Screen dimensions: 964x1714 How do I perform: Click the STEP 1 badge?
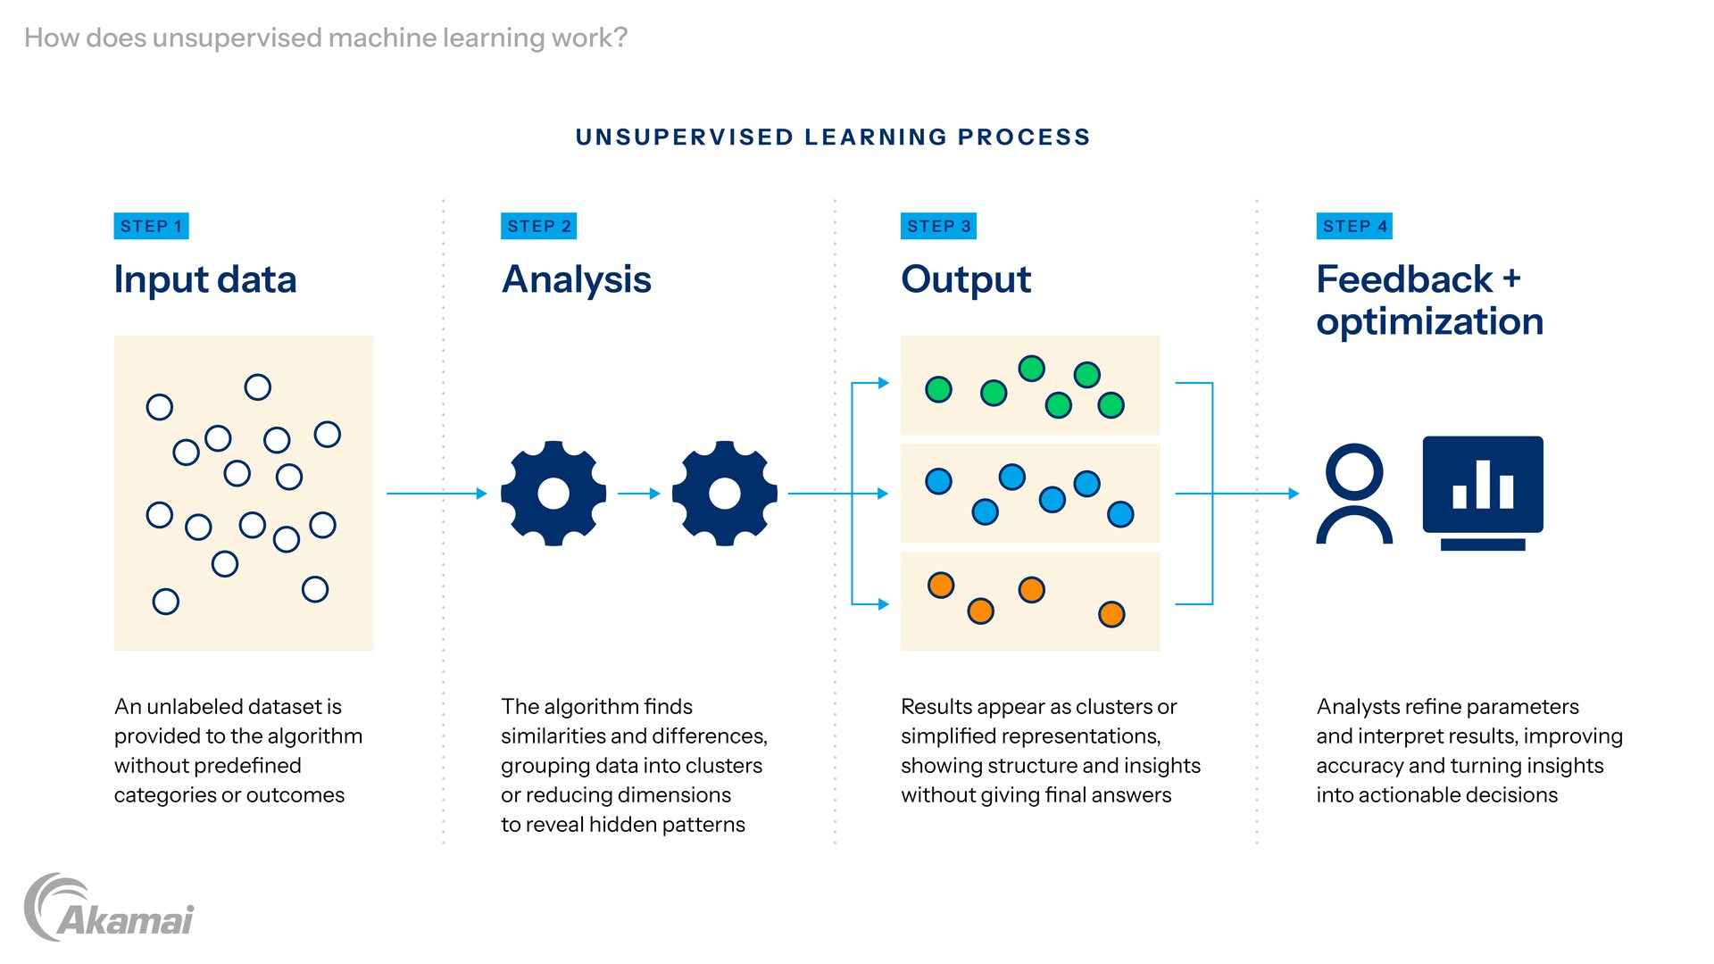(151, 226)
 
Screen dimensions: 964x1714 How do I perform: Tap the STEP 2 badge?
(538, 226)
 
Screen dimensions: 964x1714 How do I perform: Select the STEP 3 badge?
(938, 226)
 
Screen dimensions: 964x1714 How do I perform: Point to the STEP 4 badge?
(1354, 226)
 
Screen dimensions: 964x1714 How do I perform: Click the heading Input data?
(204, 279)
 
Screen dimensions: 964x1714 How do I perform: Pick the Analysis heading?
(576, 279)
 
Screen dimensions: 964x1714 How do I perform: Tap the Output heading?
(965, 279)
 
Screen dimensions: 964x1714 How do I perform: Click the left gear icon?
(553, 493)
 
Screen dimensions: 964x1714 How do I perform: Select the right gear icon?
(724, 493)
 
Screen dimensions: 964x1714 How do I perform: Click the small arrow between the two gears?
(638, 493)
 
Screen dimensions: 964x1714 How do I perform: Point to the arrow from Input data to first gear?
(437, 493)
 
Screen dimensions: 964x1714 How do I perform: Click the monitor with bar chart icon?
(1482, 492)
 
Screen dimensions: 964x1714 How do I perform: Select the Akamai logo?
(109, 909)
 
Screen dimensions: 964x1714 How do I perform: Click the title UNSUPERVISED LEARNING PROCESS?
(833, 137)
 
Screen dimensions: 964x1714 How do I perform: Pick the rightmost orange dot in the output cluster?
(1111, 614)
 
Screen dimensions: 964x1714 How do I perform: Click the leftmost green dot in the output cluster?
(938, 389)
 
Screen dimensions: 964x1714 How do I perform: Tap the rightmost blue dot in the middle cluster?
(1120, 514)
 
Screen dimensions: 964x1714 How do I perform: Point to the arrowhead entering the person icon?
(1294, 493)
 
